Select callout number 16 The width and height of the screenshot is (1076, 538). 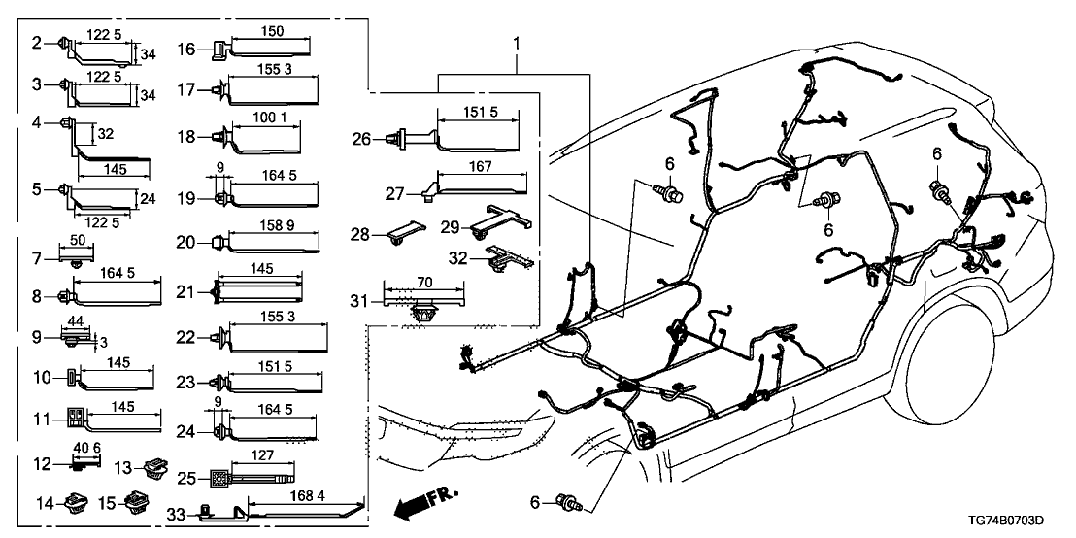(x=186, y=49)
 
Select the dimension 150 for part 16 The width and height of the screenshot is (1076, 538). (x=274, y=32)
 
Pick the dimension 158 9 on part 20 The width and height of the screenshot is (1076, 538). (x=276, y=226)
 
